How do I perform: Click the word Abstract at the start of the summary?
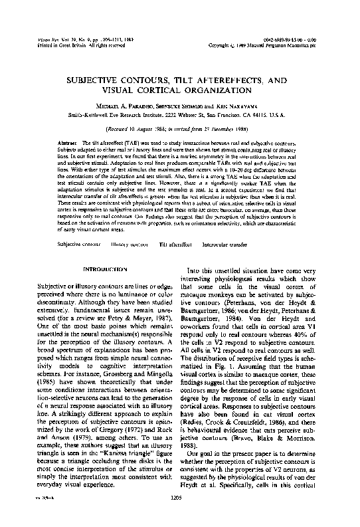68,143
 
